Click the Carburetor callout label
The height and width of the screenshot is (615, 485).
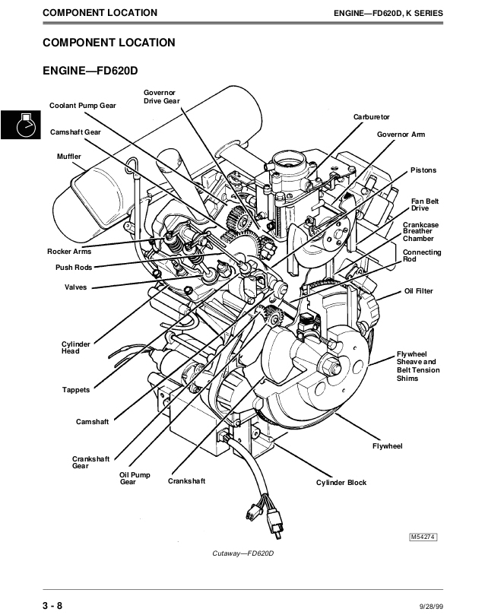tap(371, 116)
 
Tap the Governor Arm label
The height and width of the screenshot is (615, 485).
tap(401, 134)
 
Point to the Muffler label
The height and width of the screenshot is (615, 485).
tap(69, 156)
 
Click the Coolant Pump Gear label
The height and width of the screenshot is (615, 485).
tap(83, 106)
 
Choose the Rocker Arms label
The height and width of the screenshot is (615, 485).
tap(70, 251)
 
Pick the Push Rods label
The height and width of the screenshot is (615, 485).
tap(74, 268)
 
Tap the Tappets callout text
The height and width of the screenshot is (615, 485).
tap(76, 390)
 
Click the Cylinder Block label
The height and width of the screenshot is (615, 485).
tap(341, 483)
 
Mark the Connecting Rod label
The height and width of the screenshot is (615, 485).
tap(421, 256)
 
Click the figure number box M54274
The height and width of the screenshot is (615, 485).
tap(422, 537)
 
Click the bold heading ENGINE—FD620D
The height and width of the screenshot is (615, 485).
tap(90, 71)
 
